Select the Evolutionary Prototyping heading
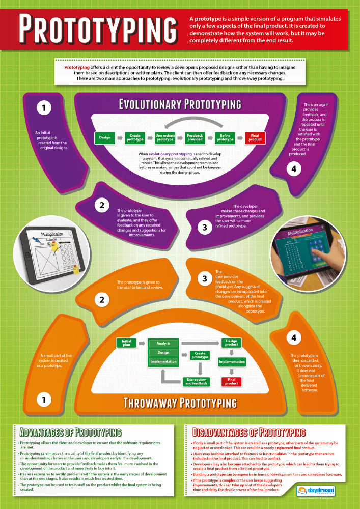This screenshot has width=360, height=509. [x=180, y=104]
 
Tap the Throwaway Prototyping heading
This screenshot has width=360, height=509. [x=181, y=403]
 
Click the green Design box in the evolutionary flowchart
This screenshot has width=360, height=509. [x=104, y=137]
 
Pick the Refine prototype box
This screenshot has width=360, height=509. [x=225, y=137]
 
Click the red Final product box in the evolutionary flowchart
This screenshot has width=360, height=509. [x=255, y=137]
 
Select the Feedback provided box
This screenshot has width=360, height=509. [x=195, y=137]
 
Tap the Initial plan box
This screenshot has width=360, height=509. [x=126, y=342]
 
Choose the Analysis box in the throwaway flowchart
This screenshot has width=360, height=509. [x=163, y=343]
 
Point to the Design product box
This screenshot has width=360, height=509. [x=232, y=343]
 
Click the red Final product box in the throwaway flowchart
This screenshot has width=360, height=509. [x=232, y=381]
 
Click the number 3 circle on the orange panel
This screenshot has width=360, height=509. [x=205, y=278]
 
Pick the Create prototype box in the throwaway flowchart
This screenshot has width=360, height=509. [x=200, y=355]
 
